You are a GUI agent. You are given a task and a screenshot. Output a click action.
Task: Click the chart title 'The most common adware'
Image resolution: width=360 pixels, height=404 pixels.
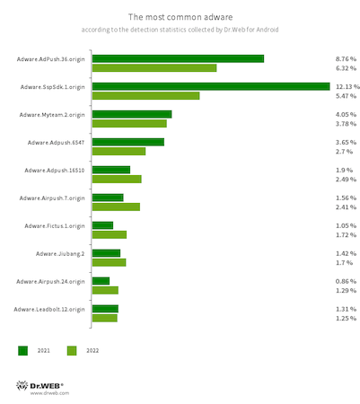point(180,17)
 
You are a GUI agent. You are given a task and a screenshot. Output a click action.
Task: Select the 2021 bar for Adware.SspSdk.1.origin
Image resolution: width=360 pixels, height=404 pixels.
point(211,86)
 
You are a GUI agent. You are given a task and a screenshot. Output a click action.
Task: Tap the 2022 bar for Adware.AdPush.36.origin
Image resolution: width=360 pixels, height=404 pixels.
point(154,68)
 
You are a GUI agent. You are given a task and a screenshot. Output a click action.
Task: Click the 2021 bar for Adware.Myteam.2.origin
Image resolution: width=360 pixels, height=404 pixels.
point(132,114)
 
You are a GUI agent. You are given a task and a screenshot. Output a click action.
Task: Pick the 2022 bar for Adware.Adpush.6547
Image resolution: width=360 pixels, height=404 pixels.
point(119,152)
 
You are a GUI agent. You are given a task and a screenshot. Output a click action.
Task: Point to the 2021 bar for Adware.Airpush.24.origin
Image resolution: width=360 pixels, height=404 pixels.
point(101,281)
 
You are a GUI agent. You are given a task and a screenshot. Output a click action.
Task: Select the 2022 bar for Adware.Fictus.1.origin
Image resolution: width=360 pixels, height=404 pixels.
point(110,234)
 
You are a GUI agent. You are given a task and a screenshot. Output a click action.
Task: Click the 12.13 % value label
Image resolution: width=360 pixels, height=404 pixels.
point(347,87)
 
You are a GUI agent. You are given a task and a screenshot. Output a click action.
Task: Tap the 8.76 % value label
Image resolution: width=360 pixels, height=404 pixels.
point(346,59)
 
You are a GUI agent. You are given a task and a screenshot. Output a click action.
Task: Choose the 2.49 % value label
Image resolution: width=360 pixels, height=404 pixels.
point(346,180)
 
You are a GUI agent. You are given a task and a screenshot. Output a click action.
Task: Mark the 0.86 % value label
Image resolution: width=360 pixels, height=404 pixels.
point(346,281)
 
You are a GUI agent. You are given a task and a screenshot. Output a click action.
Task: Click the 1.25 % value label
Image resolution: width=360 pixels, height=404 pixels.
point(346,319)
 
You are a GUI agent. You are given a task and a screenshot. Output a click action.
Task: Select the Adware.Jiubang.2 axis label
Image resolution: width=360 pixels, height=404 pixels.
point(60,254)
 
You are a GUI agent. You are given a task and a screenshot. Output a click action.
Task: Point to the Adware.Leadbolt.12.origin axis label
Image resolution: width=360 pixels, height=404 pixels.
point(49,310)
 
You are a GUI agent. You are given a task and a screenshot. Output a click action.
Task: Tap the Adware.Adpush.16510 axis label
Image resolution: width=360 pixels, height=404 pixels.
point(55,171)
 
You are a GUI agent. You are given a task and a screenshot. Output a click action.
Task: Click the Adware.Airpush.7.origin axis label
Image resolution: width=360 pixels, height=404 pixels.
point(52,198)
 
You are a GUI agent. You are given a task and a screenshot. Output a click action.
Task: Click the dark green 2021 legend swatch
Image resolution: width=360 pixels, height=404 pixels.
point(22,351)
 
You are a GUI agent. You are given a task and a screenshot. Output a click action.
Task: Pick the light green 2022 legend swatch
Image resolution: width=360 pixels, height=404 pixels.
point(72,351)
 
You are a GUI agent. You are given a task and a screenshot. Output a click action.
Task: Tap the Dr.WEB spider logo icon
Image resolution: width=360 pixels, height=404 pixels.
point(22,385)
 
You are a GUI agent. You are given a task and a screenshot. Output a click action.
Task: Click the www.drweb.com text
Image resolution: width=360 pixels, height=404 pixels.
point(49,393)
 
